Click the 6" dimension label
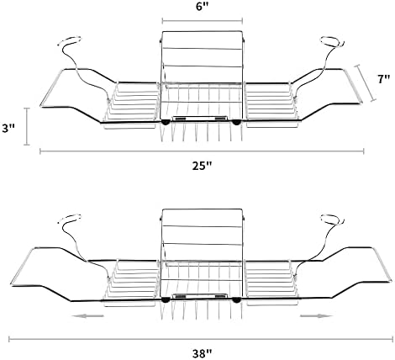(x=203, y=7)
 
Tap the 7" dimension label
(x=383, y=79)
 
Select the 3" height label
(x=8, y=129)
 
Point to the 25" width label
(x=202, y=166)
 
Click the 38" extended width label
(x=202, y=353)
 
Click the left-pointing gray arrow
(x=87, y=316)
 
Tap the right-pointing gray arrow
(x=316, y=316)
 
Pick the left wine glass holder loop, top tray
(x=70, y=40)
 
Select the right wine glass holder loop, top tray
(x=332, y=41)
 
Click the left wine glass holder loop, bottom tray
(x=70, y=218)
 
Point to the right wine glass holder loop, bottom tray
(x=332, y=219)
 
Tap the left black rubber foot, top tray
(x=166, y=122)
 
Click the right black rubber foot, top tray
(x=236, y=122)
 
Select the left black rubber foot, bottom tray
(x=166, y=300)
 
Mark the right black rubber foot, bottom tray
(x=236, y=300)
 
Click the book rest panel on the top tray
(x=203, y=57)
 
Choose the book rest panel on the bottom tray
(x=203, y=236)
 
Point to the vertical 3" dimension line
(x=27, y=126)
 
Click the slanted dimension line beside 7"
(x=365, y=83)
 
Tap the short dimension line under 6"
(x=203, y=20)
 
